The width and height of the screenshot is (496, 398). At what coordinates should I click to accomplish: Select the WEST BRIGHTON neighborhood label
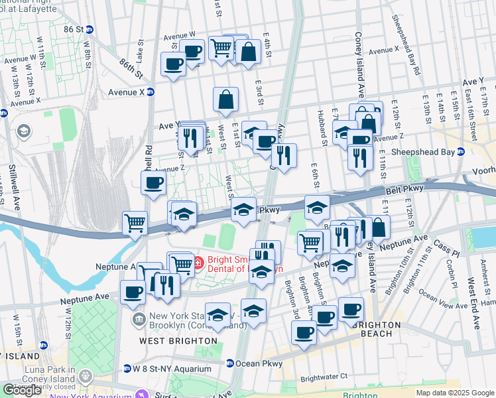tap(170, 340)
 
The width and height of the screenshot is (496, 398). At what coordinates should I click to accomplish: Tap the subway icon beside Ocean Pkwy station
tap(229, 364)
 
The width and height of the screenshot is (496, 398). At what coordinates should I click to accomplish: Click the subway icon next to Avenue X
tap(151, 92)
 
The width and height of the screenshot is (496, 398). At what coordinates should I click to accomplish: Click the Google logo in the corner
tap(22, 389)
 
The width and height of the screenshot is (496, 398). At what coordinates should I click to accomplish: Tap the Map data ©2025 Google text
tap(454, 393)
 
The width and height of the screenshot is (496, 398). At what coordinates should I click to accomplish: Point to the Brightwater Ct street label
tap(324, 377)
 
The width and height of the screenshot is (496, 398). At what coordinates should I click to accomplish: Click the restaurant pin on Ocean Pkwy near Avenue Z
tap(284, 156)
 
